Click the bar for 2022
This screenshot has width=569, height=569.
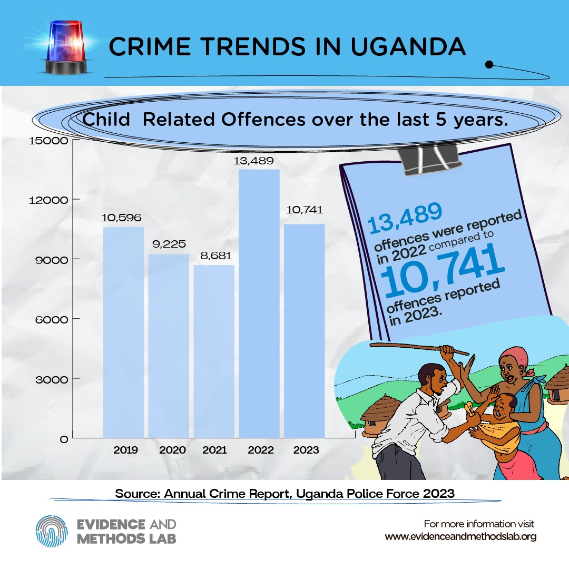(259, 303)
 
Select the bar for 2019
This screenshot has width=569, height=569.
(123, 332)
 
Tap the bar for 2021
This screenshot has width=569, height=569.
(214, 351)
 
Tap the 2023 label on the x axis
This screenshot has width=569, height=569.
(306, 450)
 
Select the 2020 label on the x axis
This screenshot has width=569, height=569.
(172, 450)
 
